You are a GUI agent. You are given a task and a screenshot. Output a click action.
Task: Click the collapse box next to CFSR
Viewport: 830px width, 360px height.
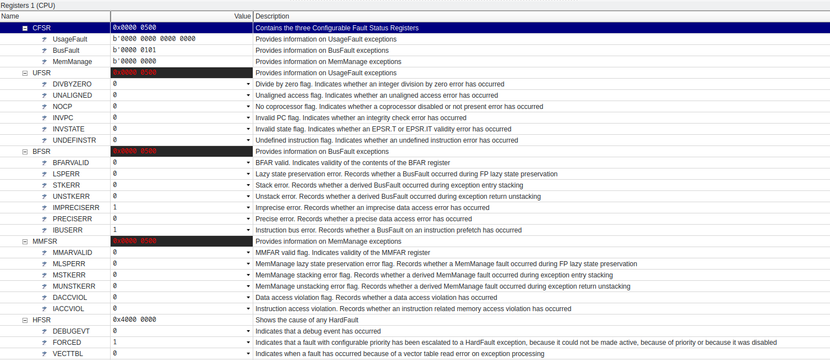pyautogui.click(x=25, y=28)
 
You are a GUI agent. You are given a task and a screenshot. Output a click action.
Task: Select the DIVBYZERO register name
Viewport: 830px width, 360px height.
pyautogui.click(x=72, y=84)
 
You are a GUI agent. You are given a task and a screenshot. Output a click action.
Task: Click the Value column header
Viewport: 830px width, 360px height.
pyautogui.click(x=242, y=16)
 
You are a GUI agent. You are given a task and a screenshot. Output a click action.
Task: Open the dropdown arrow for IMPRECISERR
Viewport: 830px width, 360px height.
pyautogui.click(x=248, y=208)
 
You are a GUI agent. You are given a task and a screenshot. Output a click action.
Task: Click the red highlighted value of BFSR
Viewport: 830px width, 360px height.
pyautogui.click(x=135, y=152)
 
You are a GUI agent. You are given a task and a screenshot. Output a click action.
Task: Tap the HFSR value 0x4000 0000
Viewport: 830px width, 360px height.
pyautogui.click(x=134, y=320)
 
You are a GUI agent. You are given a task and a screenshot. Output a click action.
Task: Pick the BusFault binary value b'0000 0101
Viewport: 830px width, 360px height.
pyautogui.click(x=134, y=50)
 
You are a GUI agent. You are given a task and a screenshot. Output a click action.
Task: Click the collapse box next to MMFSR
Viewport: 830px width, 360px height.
pyautogui.click(x=25, y=241)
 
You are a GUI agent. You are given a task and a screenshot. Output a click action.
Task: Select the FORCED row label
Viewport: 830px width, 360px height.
pyautogui.click(x=67, y=343)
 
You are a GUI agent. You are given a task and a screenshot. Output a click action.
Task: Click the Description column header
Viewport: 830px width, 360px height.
pyautogui.click(x=272, y=16)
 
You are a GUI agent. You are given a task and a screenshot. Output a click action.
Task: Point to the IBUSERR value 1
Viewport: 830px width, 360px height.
pyautogui.click(x=115, y=230)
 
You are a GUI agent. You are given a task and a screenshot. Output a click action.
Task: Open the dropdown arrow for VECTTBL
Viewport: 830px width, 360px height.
pyautogui.click(x=248, y=354)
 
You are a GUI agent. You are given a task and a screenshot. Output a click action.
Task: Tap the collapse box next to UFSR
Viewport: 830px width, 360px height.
pyautogui.click(x=25, y=73)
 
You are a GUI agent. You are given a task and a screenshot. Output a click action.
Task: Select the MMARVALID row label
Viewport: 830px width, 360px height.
pyautogui.click(x=72, y=253)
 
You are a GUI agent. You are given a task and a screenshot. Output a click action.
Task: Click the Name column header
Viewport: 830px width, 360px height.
pyautogui.click(x=10, y=16)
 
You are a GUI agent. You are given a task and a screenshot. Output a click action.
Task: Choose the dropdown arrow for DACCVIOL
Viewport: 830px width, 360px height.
pyautogui.click(x=248, y=298)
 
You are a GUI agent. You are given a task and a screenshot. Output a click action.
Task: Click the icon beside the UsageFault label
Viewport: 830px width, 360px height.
pyautogui.click(x=44, y=39)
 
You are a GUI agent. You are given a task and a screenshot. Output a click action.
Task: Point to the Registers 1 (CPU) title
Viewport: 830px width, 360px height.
pyautogui.click(x=28, y=5)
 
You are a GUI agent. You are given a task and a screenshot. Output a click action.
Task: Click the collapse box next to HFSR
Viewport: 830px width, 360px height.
pyautogui.click(x=25, y=320)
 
